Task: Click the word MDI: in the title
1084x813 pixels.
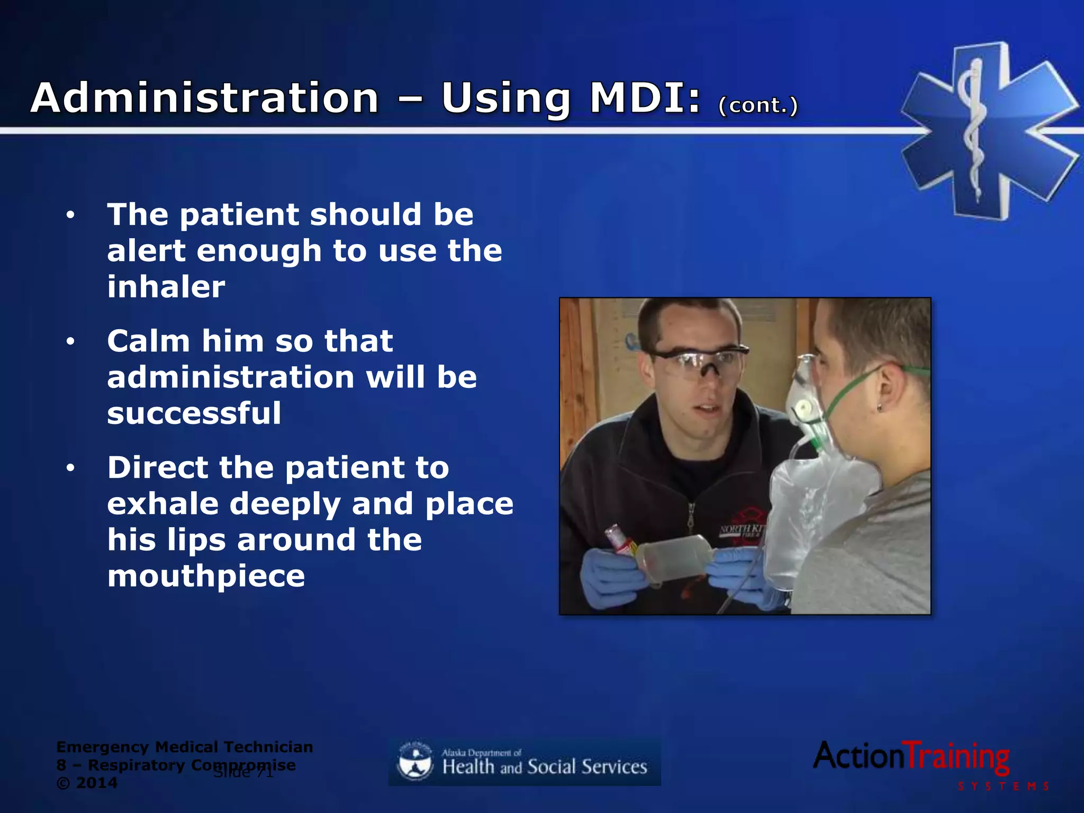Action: point(645,98)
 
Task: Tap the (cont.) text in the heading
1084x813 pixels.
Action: point(758,105)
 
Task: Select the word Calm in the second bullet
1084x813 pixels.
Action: point(148,341)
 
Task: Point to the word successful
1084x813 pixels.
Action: point(194,413)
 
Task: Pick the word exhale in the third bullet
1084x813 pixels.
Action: point(163,503)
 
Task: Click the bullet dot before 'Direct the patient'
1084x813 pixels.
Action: point(71,468)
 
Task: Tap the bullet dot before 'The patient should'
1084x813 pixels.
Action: point(71,215)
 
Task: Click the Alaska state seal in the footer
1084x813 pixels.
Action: point(414,762)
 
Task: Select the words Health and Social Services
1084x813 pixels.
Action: point(545,767)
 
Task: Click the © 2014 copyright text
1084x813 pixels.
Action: point(87,783)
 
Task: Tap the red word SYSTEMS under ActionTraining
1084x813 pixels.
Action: point(1003,787)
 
